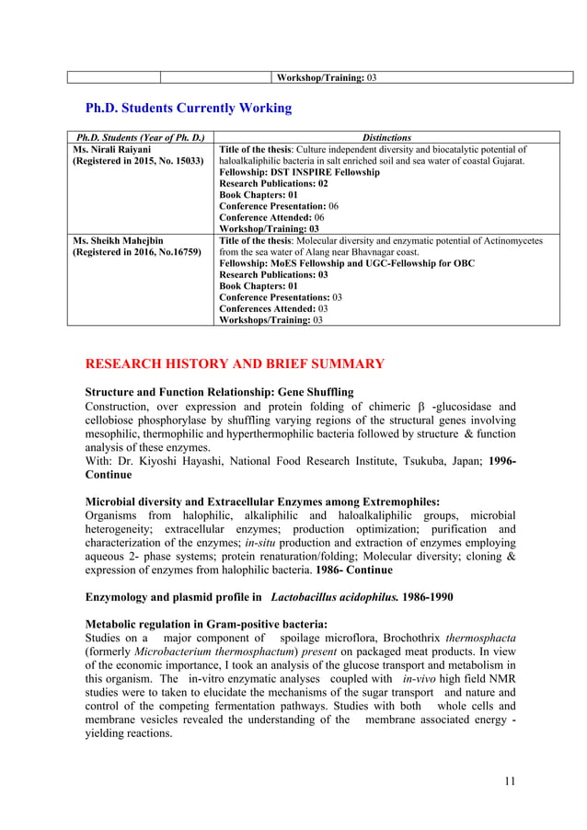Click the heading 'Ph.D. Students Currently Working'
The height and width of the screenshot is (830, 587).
pyautogui.click(x=188, y=109)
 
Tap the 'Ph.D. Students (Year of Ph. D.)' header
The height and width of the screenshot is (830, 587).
pyautogui.click(x=139, y=137)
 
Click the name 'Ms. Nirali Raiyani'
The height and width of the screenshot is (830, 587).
pyautogui.click(x=111, y=148)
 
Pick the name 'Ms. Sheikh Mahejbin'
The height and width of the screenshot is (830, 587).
pyautogui.click(x=117, y=241)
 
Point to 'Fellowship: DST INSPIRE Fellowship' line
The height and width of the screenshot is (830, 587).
pyautogui.click(x=299, y=172)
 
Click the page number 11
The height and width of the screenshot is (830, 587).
pyautogui.click(x=510, y=781)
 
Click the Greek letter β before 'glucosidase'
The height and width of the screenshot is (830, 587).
pyautogui.click(x=420, y=408)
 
